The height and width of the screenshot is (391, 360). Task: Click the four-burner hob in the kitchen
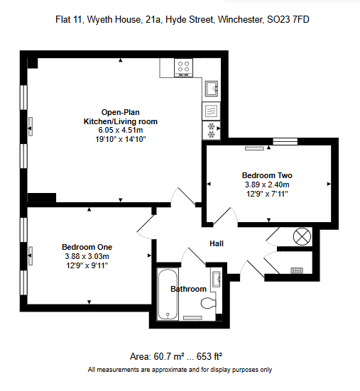click(183, 67)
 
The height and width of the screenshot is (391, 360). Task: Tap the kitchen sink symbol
click(212, 89)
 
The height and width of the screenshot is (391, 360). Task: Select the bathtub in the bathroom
click(168, 294)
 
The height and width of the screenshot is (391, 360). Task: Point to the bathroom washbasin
click(216, 279)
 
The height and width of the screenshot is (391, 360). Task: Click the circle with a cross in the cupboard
click(302, 236)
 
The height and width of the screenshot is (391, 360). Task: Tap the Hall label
click(217, 243)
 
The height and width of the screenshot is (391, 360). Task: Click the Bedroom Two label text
click(267, 175)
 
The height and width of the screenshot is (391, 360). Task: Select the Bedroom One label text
click(87, 247)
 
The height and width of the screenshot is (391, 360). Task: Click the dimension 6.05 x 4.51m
click(121, 130)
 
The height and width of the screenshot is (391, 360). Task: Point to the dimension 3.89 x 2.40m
click(267, 185)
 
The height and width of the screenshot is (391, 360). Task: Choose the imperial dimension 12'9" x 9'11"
click(87, 265)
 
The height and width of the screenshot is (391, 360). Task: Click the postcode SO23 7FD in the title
click(288, 19)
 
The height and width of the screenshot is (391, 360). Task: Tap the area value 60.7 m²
click(170, 357)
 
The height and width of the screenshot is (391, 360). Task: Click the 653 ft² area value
click(209, 357)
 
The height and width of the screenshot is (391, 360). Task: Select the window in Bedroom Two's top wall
click(285, 141)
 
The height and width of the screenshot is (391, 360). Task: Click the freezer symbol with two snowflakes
click(212, 131)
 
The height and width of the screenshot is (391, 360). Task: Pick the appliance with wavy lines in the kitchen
click(212, 111)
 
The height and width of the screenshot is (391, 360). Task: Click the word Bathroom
click(189, 289)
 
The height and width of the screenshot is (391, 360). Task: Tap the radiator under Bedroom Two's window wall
click(254, 148)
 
